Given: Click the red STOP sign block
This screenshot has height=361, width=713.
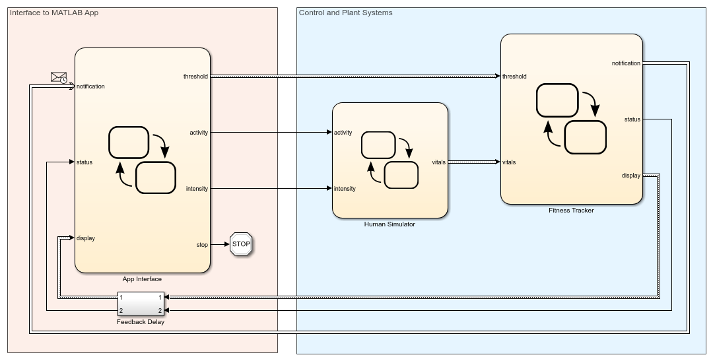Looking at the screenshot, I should point(241,244).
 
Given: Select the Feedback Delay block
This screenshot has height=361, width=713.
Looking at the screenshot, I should point(141,304).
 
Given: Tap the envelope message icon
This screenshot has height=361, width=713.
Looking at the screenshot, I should point(59,77).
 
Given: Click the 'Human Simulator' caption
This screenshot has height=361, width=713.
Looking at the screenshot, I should point(390,224).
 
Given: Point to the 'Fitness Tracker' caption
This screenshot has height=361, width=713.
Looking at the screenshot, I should point(571,211).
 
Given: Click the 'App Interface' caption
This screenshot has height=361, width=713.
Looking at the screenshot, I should point(142,279).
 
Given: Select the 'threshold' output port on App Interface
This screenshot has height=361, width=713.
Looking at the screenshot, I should point(195,77).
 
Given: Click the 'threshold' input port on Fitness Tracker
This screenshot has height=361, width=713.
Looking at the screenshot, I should point(514,77).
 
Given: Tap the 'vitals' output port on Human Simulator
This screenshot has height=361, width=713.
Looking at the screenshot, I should point(438,162).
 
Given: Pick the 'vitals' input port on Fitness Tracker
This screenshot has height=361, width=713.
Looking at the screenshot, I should point(509,162).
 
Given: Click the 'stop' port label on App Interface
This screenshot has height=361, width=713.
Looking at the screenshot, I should point(202,245).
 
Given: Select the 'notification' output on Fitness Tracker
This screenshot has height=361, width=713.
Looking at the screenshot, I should point(626,63).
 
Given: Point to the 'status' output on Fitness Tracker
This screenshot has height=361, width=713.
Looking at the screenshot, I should point(632,119).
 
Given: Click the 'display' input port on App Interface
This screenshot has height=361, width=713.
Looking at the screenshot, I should point(86,238).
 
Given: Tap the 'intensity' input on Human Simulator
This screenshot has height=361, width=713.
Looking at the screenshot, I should point(345,189).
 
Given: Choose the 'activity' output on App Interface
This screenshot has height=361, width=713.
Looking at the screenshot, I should point(199,133).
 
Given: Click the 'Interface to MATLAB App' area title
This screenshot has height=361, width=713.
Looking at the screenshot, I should point(54,13).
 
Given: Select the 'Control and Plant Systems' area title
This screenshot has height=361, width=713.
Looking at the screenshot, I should point(345,13).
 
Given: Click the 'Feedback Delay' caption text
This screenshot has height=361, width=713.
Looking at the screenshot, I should point(141,322).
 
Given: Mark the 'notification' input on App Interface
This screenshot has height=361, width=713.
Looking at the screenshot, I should point(90,86).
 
